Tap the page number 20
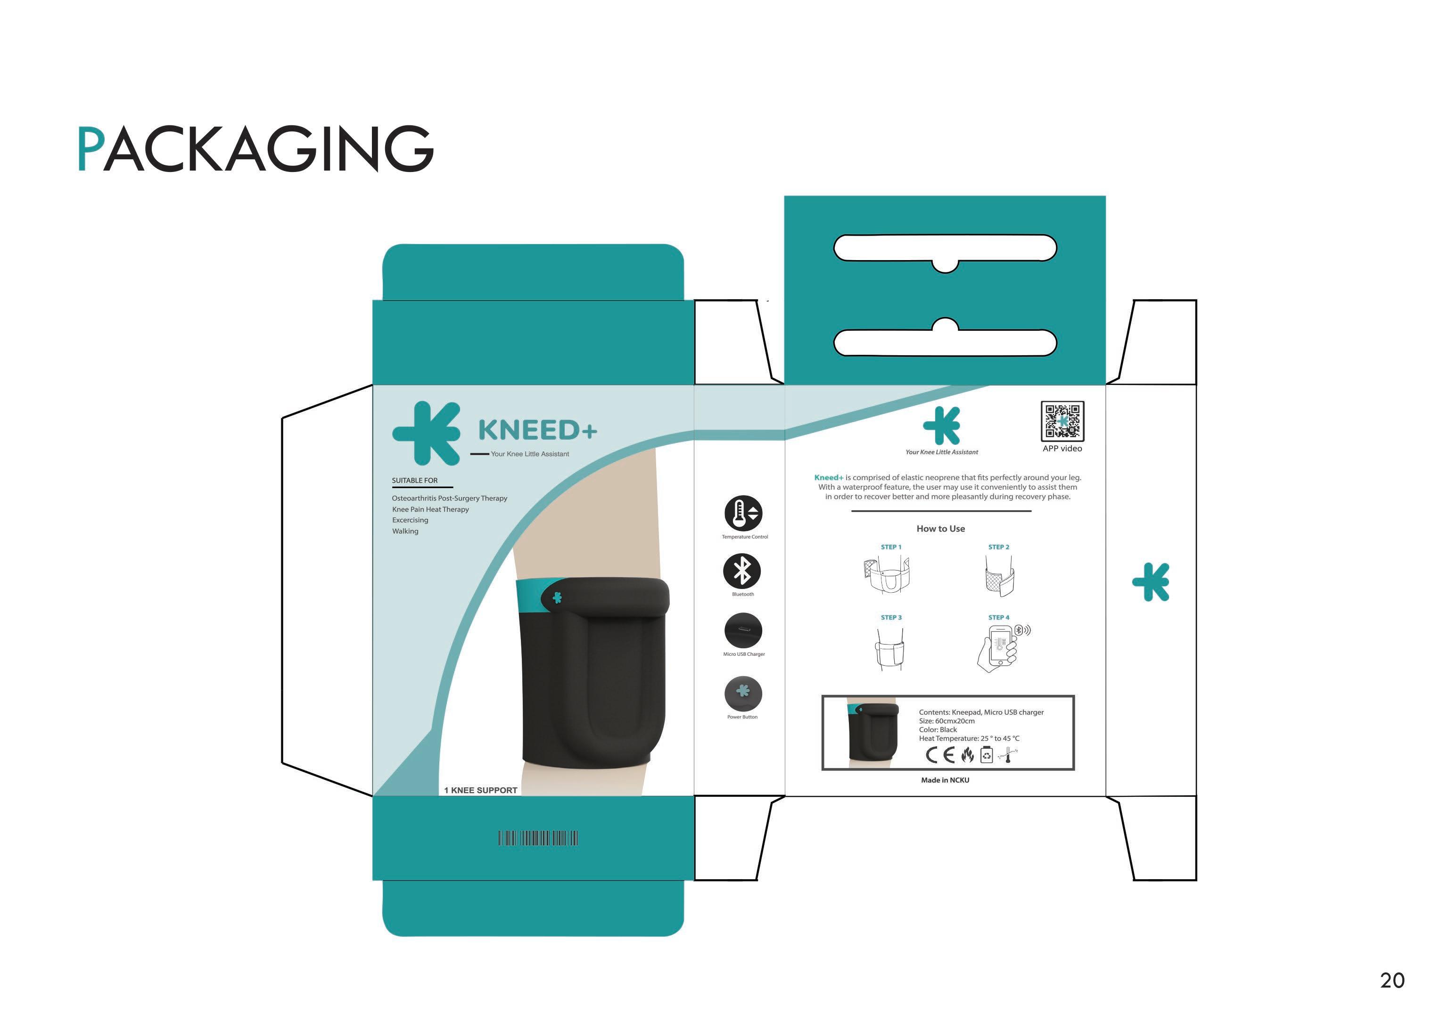pos(1392,980)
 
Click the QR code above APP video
pos(1062,422)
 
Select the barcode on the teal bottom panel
pos(538,838)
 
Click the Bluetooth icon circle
pos(742,571)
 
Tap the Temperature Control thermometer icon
pos(742,514)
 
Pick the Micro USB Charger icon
pos(742,630)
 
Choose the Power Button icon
pos(742,693)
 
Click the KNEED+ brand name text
pos(537,430)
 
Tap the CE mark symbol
pos(940,755)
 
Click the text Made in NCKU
pos(945,780)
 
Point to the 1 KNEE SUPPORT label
pos(480,790)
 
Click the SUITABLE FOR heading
pos(415,480)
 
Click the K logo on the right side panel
pos(1151,582)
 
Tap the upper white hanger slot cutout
pos(945,249)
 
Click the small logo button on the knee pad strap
pos(557,597)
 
